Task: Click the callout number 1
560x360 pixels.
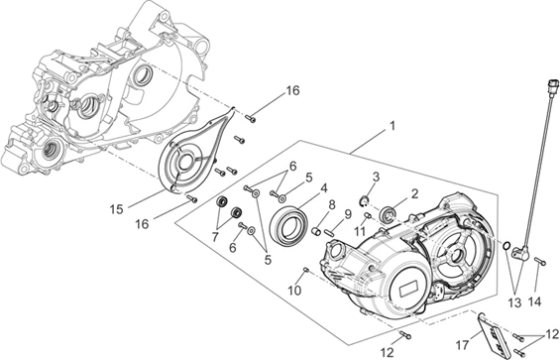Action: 392,126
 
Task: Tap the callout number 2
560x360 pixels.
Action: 414,194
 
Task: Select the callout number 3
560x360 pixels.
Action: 376,177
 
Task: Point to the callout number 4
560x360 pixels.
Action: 324,188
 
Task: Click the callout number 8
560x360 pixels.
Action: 332,205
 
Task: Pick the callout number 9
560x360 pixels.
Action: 348,214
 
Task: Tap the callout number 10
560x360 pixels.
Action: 294,291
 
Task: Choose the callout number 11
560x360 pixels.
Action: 360,232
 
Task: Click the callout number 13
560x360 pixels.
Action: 515,303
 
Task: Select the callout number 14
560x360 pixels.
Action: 534,302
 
